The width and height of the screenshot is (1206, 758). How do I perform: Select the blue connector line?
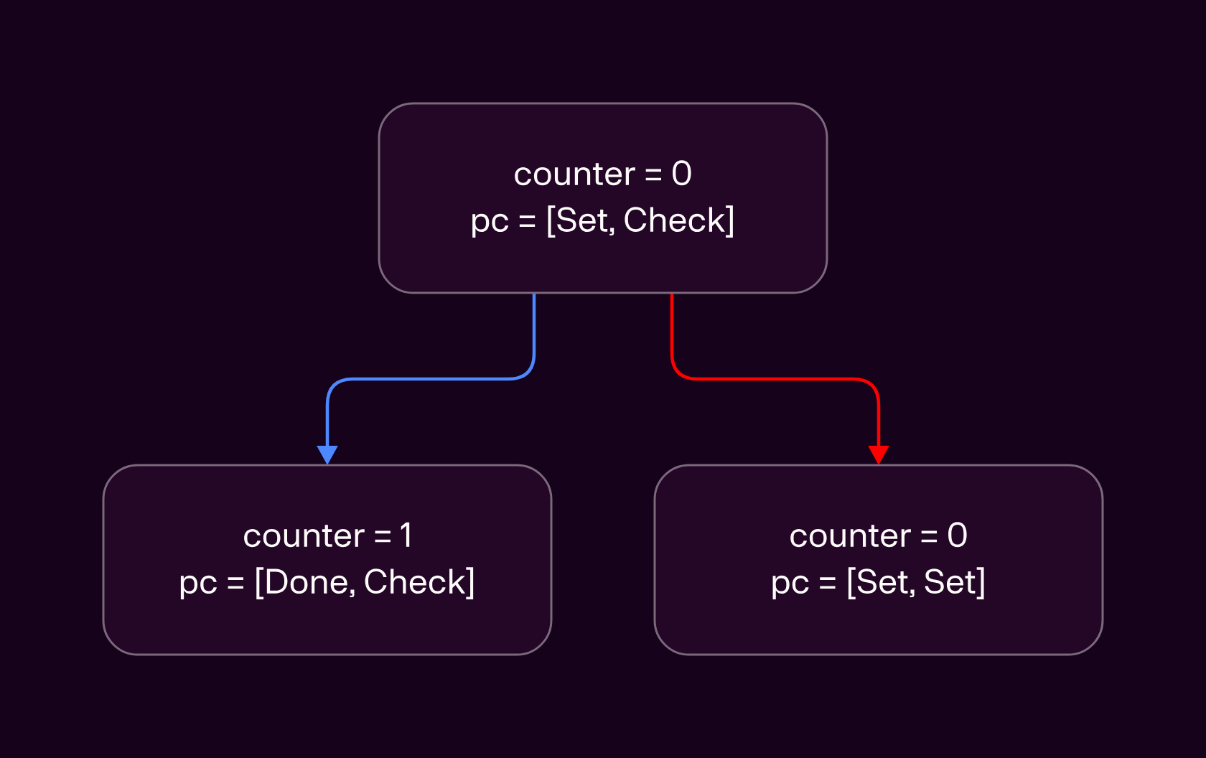pyautogui.click(x=431, y=379)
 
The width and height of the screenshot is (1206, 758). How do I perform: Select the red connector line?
pyautogui.click(x=775, y=379)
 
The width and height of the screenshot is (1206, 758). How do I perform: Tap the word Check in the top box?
pyautogui.click(x=673, y=220)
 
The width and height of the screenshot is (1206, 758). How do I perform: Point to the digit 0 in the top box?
pyautogui.click(x=682, y=174)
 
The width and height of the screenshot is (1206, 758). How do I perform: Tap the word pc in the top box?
pyautogui.click(x=490, y=223)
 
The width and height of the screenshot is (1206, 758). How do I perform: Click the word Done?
pyautogui.click(x=308, y=582)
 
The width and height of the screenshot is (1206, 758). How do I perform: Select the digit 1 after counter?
pyautogui.click(x=406, y=535)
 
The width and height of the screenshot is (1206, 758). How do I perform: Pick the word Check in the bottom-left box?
pyautogui.click(x=414, y=582)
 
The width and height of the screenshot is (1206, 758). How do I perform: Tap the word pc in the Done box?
pyautogui.click(x=197, y=584)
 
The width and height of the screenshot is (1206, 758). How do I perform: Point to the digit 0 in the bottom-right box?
pyautogui.click(x=958, y=535)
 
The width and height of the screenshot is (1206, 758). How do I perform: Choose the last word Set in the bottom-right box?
pyautogui.click(x=949, y=582)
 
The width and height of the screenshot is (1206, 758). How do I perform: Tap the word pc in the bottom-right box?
pyautogui.click(x=790, y=584)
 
